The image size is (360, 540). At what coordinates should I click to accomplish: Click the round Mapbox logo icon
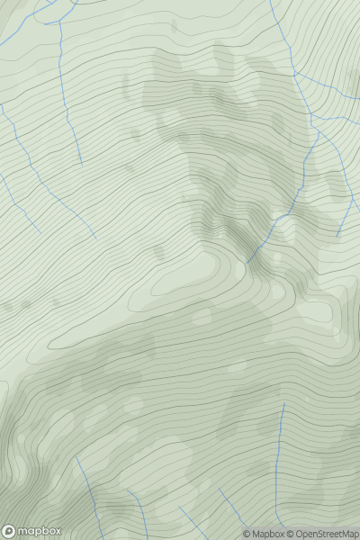10,531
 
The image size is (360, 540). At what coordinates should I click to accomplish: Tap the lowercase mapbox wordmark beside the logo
39,531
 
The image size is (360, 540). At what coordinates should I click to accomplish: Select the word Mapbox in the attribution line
267,534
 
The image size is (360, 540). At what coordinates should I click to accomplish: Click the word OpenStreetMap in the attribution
327,534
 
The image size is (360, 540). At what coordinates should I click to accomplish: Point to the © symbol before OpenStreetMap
292,534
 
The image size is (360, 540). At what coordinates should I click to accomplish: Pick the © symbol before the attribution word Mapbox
247,534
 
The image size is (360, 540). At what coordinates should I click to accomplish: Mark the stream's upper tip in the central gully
248,260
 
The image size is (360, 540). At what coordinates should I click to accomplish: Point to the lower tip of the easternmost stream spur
337,237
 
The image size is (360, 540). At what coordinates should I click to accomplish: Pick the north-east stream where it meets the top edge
270,3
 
